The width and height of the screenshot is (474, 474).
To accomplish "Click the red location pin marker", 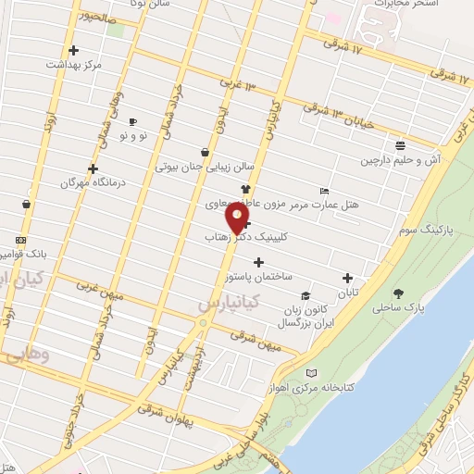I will pyautogui.click(x=237, y=218).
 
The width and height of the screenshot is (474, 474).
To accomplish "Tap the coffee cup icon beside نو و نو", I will pyautogui.click(x=132, y=121).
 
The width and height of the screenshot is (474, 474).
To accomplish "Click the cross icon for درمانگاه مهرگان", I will pyautogui.click(x=93, y=168).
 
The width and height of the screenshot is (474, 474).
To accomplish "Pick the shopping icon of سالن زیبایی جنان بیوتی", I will pyautogui.click(x=205, y=153).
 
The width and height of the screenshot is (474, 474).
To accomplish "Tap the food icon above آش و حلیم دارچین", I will pyautogui.click(x=399, y=144).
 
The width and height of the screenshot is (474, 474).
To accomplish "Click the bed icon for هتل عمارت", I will pyautogui.click(x=322, y=191).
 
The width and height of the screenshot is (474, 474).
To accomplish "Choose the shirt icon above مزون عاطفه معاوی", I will pyautogui.click(x=244, y=188).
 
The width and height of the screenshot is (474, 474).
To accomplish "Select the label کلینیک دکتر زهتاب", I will pyautogui.click(x=242, y=237).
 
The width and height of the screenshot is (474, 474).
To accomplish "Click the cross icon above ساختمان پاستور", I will pyautogui.click(x=257, y=263).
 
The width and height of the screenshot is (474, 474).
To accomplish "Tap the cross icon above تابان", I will pyautogui.click(x=347, y=277).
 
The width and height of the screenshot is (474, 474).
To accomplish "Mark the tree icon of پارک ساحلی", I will pyautogui.click(x=398, y=293).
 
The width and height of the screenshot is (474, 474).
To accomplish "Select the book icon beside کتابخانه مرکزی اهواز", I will pyautogui.click(x=311, y=372).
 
